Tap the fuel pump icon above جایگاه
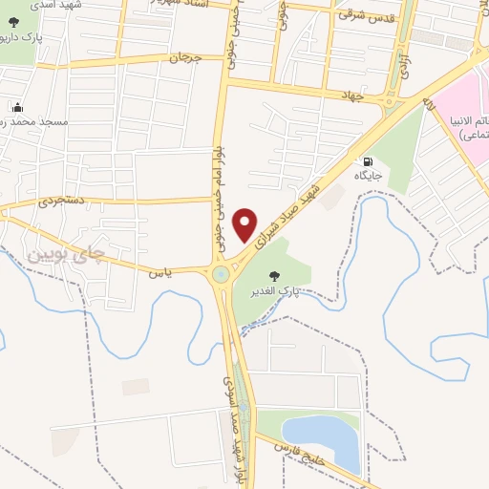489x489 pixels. [x=366, y=160]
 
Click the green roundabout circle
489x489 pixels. [x=222, y=274]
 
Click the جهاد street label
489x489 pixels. [x=354, y=95]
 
